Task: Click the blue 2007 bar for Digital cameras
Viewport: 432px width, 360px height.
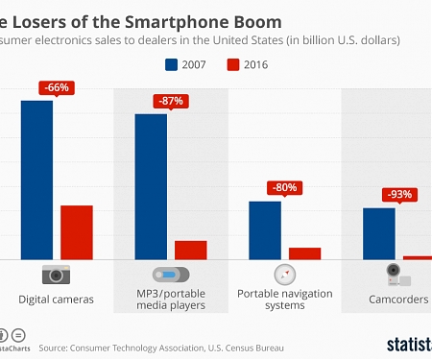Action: pos(36,180)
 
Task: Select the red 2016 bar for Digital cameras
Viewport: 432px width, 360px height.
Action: pos(77,232)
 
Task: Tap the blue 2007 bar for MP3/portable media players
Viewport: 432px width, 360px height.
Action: pos(151,186)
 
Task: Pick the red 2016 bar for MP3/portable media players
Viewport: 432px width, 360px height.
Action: pos(190,250)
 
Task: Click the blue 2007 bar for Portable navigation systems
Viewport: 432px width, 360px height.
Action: pos(264,230)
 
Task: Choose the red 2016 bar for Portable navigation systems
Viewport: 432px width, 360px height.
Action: pos(304,253)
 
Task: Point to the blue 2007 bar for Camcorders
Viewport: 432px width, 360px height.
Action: pos(378,233)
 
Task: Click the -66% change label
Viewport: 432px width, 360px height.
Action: pos(56,87)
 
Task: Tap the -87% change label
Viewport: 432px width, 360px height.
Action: pos(170,101)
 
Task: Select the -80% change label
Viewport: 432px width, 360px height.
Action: pos(284,188)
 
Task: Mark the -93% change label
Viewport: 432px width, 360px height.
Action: pos(397,194)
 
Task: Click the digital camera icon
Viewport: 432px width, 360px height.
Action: pos(56,275)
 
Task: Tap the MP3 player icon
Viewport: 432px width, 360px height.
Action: pos(170,275)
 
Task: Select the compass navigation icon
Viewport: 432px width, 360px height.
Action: pos(284,275)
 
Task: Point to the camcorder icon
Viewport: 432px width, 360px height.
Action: pos(396,275)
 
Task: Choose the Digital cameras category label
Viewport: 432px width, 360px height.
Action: pos(56,300)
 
